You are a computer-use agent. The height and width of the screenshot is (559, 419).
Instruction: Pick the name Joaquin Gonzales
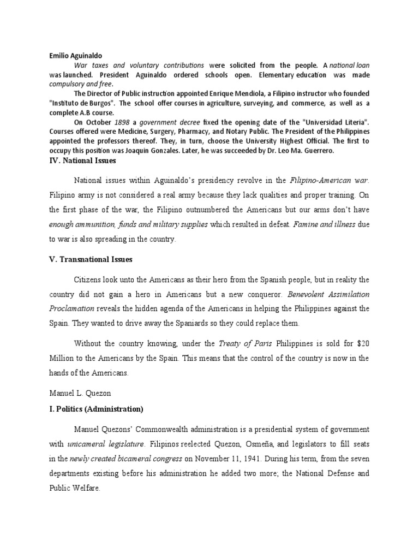[x=164, y=150]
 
